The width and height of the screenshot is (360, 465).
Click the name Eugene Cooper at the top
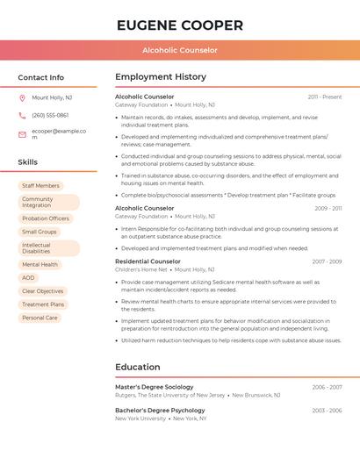179,25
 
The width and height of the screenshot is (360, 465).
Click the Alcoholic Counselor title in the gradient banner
179,50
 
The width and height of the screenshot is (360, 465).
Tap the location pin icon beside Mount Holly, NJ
22,97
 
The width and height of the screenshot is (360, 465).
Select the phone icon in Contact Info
22,115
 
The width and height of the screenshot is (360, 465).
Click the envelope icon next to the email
22,134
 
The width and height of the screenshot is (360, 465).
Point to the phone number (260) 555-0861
50,115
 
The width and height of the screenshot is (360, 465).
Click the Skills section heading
28,162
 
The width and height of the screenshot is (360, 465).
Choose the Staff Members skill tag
40,186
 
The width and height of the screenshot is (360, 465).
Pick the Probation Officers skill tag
46,218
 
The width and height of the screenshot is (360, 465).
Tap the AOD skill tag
29,277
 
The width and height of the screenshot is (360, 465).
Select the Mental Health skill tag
40,264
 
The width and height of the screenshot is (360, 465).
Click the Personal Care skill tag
40,318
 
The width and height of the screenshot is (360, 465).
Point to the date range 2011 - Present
325,97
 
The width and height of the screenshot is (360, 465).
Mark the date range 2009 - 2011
328,208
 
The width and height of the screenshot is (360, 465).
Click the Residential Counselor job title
148,261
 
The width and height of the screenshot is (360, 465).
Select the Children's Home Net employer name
140,270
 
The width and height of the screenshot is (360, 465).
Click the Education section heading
138,367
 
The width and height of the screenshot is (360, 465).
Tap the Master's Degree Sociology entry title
154,387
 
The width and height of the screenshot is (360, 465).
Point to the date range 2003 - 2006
327,411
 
